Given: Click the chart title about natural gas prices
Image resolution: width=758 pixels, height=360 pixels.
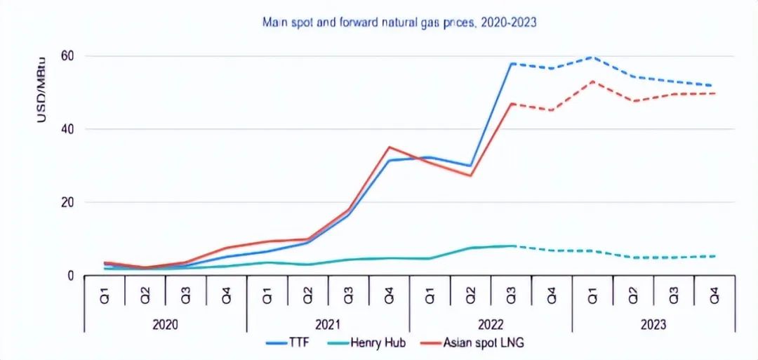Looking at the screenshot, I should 399,22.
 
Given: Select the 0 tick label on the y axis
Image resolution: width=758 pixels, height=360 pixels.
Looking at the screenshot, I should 71,276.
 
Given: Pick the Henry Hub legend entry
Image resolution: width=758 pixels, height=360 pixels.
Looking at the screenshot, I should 374,343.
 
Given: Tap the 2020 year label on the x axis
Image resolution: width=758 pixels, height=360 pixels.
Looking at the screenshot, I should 165,324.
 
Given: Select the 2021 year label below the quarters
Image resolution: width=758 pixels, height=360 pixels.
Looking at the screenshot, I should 328,324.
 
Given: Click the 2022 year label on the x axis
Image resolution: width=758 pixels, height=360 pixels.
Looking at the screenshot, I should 491,324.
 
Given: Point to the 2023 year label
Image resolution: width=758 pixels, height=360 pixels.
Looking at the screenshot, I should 653,324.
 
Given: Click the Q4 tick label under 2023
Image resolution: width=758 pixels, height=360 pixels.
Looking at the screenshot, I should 714,295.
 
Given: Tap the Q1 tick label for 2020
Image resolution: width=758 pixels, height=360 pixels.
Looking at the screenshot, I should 105,295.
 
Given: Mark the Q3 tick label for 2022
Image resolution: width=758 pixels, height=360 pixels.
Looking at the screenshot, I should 512,295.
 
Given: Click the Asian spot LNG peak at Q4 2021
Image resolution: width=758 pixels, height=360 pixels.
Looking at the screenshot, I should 389,147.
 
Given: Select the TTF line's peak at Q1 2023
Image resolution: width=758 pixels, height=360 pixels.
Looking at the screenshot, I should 592,57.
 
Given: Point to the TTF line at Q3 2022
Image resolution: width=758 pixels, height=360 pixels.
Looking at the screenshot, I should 512,63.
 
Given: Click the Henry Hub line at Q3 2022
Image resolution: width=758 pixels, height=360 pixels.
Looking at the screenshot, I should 512,246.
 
